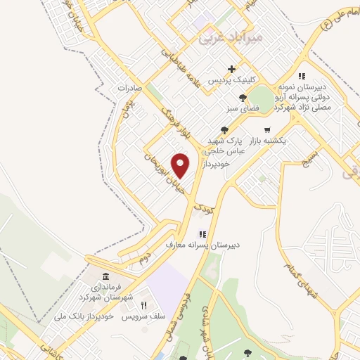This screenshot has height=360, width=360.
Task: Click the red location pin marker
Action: pos(181,166)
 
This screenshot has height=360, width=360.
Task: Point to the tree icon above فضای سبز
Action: pos(243,98)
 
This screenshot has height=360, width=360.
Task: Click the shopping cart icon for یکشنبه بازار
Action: pos(267,129)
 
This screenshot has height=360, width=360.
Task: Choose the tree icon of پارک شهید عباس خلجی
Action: pos(224,129)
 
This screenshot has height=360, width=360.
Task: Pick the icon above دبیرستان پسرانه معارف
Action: pos(202,233)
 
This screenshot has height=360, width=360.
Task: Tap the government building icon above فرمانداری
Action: pos(105,276)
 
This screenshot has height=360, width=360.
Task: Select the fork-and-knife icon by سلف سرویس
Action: pos(143,305)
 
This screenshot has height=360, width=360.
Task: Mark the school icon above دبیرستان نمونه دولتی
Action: pos(301,76)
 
